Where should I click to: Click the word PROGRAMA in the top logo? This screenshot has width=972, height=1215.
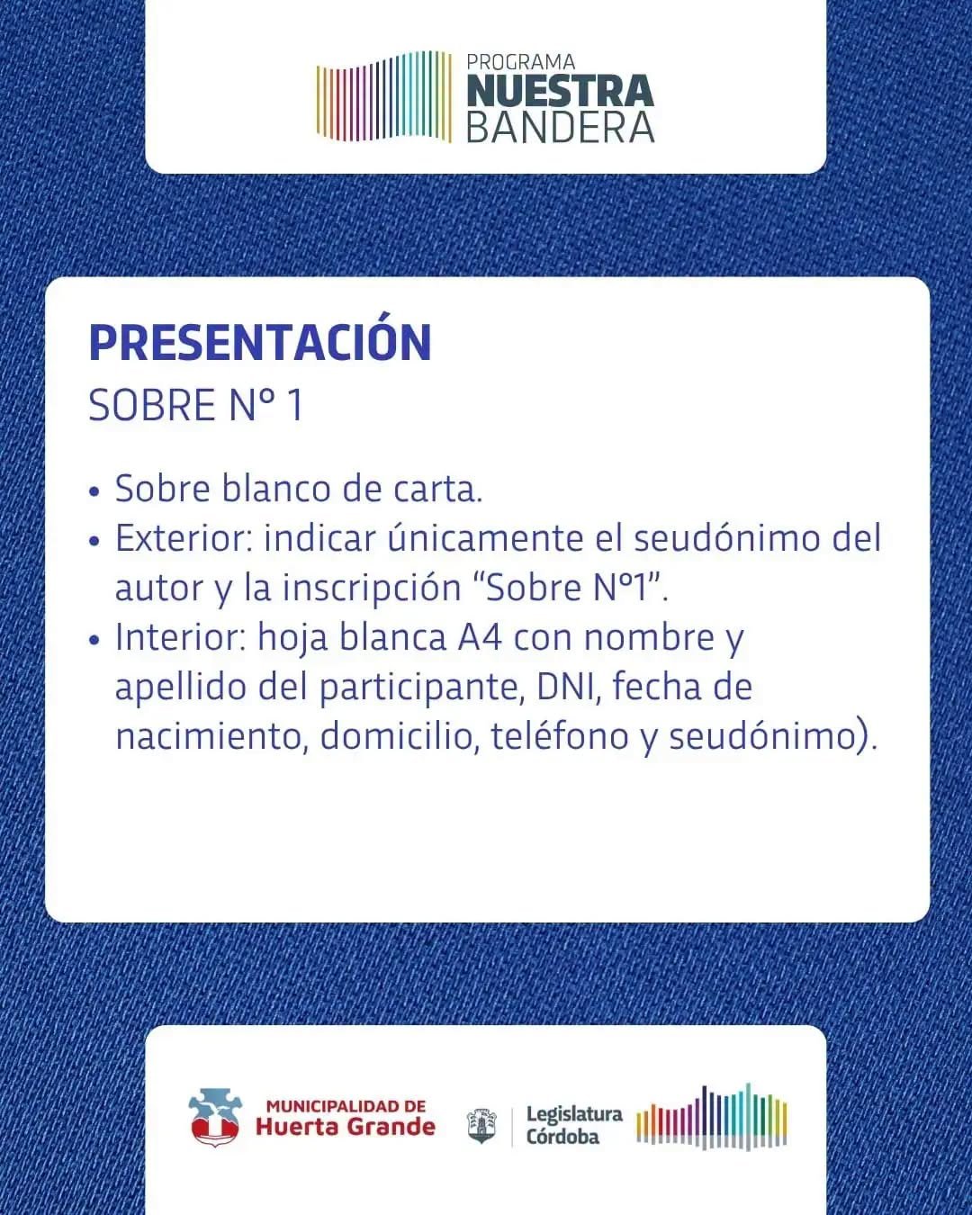click(521, 61)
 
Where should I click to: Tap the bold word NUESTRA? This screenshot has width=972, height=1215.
click(561, 92)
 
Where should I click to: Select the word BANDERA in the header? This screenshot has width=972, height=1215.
click(561, 128)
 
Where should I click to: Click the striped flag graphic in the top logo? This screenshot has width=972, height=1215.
click(384, 96)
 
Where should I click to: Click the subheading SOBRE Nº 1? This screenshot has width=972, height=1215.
click(196, 405)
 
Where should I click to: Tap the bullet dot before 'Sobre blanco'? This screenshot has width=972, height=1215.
click(94, 491)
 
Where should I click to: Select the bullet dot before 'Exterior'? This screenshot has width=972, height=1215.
click(94, 541)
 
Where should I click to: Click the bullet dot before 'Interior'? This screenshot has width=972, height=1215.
click(94, 640)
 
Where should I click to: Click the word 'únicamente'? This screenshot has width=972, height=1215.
click(485, 537)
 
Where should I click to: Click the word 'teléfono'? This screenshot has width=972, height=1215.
click(560, 736)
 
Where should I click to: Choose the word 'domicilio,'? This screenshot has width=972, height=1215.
click(396, 737)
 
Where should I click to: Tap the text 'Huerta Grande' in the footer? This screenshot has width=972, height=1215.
click(346, 1127)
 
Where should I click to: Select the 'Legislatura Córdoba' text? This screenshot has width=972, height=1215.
click(574, 1125)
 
